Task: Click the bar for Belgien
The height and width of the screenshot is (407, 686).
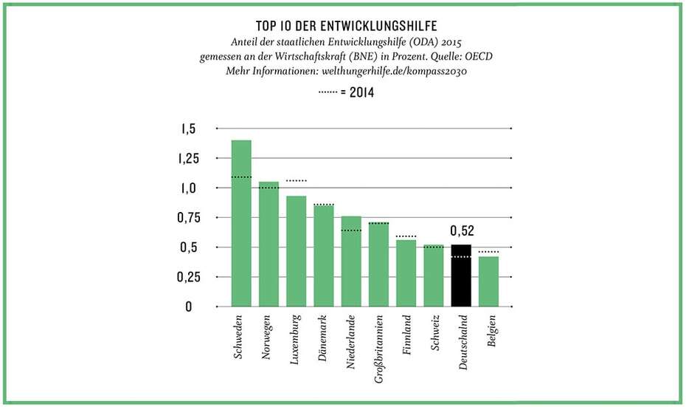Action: [x=488, y=281]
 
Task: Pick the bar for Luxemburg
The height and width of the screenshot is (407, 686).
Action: [x=296, y=251]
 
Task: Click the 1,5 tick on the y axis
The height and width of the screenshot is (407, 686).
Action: [x=188, y=129]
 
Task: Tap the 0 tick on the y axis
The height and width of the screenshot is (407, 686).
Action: [x=189, y=307]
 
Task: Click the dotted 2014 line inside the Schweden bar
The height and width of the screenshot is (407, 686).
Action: [x=241, y=177]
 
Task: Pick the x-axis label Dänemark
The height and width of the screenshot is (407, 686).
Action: [x=323, y=336]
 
